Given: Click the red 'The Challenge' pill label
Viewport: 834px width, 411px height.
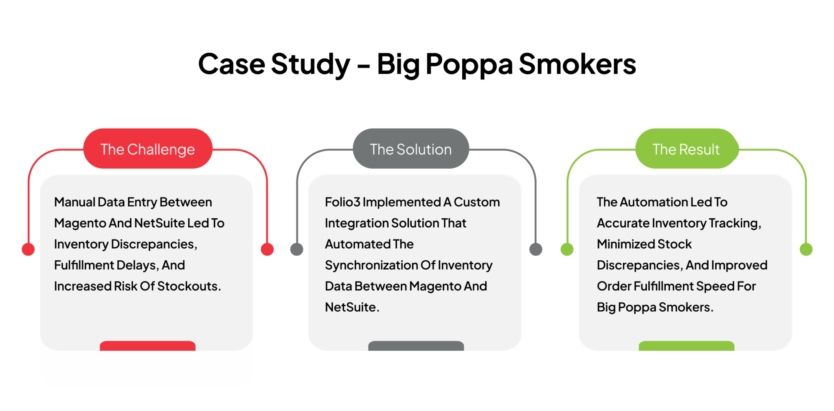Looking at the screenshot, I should click(148, 149).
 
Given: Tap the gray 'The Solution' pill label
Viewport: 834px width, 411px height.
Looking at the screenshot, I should click(410, 149).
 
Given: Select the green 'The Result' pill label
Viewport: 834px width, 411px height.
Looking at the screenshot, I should click(686, 149).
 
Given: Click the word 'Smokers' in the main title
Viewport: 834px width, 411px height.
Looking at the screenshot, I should click(577, 64).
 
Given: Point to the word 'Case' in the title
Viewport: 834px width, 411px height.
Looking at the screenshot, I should click(231, 64).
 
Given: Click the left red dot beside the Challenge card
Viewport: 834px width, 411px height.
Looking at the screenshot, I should click(28, 249).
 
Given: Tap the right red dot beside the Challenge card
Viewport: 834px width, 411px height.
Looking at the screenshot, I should click(267, 249).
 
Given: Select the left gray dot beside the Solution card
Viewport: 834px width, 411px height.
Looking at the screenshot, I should click(296, 249).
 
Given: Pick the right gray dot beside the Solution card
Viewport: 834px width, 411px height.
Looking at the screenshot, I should click(536, 249).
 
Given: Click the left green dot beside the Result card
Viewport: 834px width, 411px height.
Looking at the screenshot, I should click(567, 249).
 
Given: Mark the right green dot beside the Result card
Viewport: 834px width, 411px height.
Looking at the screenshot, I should click(806, 249).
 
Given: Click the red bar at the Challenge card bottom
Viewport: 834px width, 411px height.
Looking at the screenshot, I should click(147, 346).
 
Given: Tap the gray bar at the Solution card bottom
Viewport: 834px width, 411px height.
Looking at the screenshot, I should click(416, 346).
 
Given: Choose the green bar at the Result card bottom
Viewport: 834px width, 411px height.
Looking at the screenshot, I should click(686, 346).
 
